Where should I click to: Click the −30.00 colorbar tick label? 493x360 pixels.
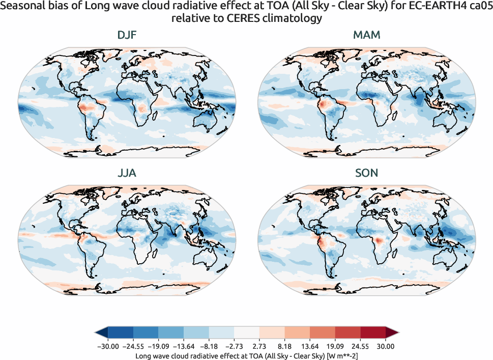point(108,346)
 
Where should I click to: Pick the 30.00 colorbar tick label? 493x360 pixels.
point(386,346)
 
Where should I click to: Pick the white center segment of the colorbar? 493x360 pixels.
point(247,333)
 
